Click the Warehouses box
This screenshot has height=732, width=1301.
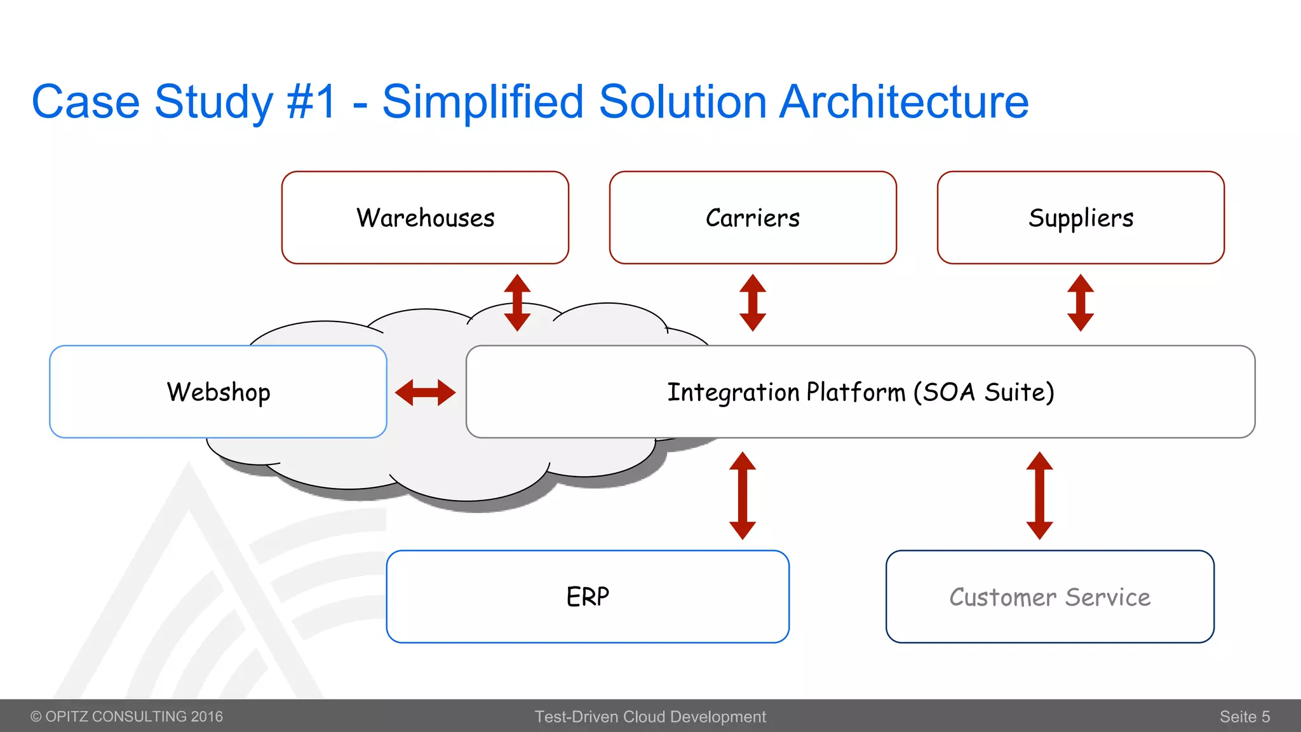coord(425,217)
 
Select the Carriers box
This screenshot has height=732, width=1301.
coord(753,217)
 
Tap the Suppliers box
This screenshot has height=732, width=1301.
coord(1081,217)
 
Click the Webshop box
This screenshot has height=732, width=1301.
coord(218,391)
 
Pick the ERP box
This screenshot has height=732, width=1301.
coord(588,596)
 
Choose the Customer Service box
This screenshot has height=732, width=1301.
coord(1049,596)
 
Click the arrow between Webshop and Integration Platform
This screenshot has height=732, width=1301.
coord(425,392)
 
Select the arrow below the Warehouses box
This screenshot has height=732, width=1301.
coord(517,302)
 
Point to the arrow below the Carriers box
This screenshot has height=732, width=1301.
coord(753,302)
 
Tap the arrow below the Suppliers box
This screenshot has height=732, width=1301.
coord(1081,302)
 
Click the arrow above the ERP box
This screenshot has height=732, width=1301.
coord(742,496)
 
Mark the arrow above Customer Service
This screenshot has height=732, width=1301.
coord(1039,496)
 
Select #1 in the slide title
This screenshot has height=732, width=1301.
coord(311,102)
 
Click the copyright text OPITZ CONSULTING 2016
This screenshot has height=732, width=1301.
coord(127,717)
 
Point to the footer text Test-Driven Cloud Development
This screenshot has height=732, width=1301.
coord(650,717)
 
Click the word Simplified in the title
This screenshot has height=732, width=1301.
coord(483,102)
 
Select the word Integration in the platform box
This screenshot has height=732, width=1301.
coord(733,392)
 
